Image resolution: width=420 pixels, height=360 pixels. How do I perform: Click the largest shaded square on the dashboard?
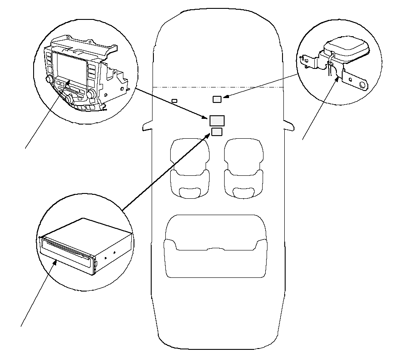click(x=217, y=121)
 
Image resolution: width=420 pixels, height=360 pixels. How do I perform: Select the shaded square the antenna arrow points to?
click(x=217, y=99)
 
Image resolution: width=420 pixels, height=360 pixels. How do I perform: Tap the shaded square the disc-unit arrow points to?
click(x=217, y=132)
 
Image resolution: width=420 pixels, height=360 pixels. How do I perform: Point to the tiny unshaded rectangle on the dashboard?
click(x=174, y=101)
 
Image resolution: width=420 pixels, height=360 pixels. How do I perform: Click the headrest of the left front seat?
click(x=189, y=192)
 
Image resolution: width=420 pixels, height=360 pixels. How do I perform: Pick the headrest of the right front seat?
click(x=243, y=192)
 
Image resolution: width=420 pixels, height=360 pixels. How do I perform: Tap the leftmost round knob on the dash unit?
click(x=49, y=80)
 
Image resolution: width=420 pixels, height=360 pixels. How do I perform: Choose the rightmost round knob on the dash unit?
click(x=92, y=94)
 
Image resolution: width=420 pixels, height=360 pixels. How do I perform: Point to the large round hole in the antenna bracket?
click(x=363, y=84)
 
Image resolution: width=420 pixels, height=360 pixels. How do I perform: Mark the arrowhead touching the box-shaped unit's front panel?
click(x=56, y=262)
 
